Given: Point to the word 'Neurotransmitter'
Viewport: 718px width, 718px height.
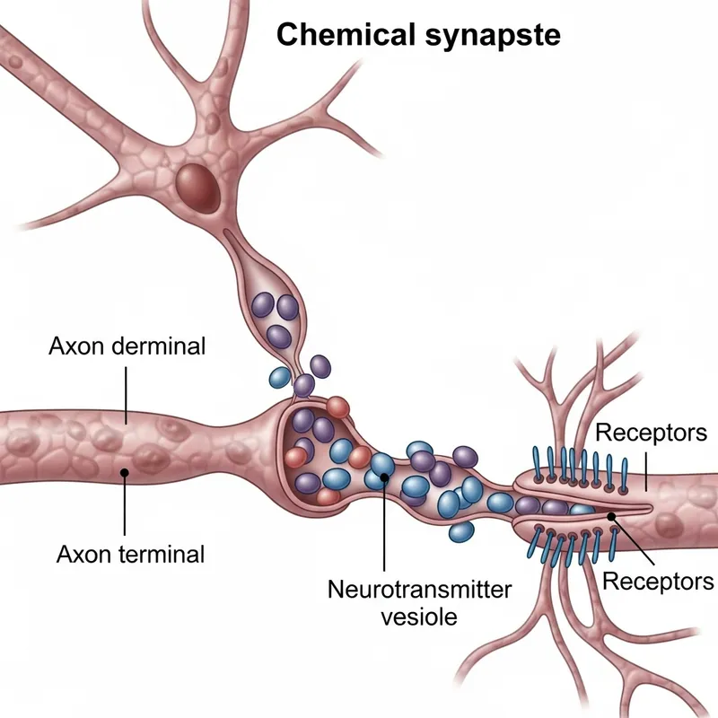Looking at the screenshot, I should pyautogui.click(x=420, y=591).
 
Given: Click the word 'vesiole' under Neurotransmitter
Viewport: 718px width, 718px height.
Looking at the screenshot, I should pyautogui.click(x=419, y=617).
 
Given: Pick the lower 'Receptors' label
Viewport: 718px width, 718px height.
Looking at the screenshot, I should pyautogui.click(x=658, y=580).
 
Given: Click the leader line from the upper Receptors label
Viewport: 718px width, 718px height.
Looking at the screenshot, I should pyautogui.click(x=646, y=471).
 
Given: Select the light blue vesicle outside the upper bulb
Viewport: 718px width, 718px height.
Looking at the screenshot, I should pyautogui.click(x=279, y=376).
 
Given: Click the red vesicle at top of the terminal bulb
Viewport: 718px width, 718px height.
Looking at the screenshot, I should pyautogui.click(x=338, y=407).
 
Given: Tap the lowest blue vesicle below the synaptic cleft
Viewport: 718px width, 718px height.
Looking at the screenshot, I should pyautogui.click(x=461, y=531).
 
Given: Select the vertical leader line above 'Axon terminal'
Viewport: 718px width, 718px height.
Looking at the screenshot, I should pyautogui.click(x=125, y=507).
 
